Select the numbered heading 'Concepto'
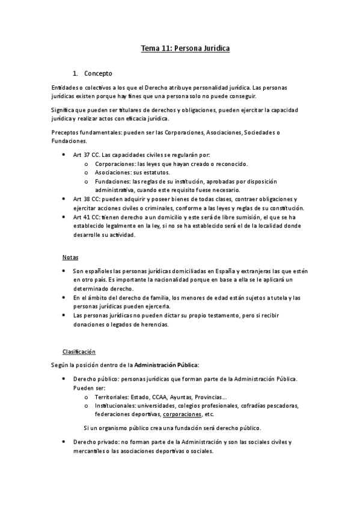point(98,74)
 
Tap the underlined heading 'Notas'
point(70,257)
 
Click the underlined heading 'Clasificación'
point(79,352)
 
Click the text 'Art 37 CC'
point(86,155)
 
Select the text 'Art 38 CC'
point(86,198)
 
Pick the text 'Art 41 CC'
point(86,217)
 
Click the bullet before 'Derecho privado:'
point(64,443)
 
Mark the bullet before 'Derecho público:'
point(64,379)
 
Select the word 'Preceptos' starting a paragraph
point(66,132)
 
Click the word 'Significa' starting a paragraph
point(65,109)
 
